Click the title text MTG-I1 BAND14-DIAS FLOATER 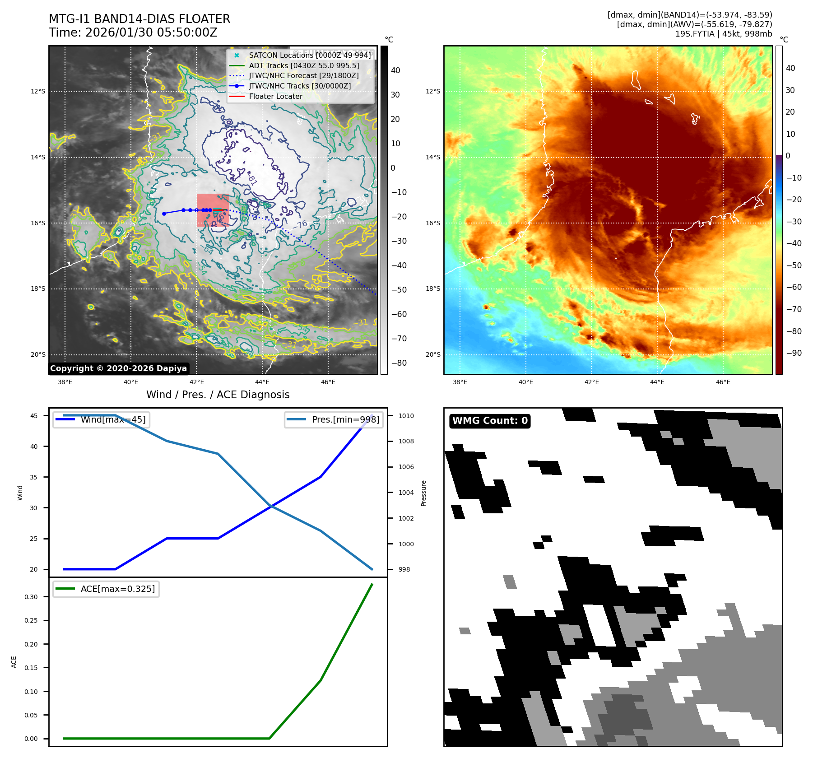tap(139, 19)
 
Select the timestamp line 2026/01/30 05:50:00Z tap(151, 33)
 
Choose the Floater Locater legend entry tap(275, 96)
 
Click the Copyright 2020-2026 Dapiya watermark tap(118, 368)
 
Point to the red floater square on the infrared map tap(213, 210)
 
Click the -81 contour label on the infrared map tap(252, 180)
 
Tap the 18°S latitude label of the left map tap(38, 289)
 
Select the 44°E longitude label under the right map tap(657, 382)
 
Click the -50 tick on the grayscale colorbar tap(399, 290)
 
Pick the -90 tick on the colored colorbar tap(794, 353)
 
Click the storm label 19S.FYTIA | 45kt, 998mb tap(724, 34)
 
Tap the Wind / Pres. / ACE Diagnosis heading tap(218, 395)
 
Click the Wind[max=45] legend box tap(102, 419)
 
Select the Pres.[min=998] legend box tap(334, 419)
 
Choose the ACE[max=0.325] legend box tap(106, 589)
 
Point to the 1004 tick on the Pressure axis tap(406, 493)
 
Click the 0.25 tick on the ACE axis tap(31, 620)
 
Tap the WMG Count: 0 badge tap(490, 421)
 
